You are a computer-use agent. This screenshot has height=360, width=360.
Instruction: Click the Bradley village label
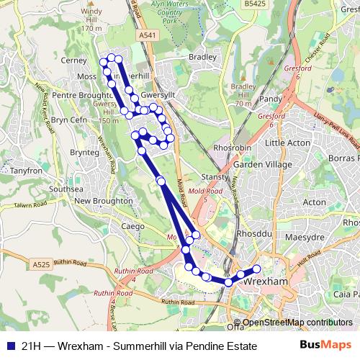(202, 57)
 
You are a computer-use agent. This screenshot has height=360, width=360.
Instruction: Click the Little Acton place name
(287, 143)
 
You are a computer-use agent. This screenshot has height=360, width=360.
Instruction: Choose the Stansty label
(215, 176)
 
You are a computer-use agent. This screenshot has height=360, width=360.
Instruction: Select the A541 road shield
(147, 35)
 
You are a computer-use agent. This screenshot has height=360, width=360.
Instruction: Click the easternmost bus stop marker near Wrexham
(256, 270)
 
